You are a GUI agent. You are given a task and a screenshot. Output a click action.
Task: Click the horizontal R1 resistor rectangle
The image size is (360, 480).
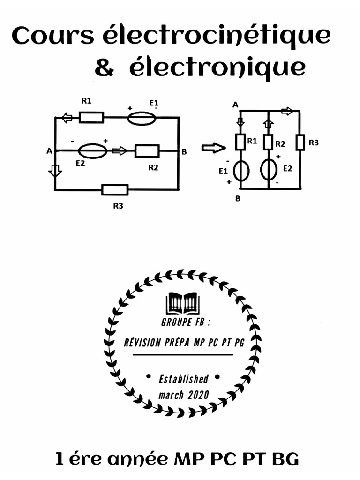point(91,117)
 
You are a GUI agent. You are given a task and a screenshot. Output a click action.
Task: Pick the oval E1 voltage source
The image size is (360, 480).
point(142,117)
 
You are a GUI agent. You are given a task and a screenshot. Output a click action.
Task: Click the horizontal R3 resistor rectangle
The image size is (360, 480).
point(115,190)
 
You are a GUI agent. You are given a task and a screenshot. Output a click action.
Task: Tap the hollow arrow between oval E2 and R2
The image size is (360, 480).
point(120,150)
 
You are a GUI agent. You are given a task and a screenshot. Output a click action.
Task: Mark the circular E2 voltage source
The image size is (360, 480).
point(269,171)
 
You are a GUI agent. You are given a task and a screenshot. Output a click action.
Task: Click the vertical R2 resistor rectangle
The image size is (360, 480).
point(268,142)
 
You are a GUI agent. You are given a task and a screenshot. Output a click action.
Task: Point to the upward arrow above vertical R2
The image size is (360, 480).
point(268,124)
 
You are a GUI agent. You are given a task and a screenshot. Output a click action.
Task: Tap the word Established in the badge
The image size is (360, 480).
point(183,379)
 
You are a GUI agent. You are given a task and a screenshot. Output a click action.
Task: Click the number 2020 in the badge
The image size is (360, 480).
point(198,395)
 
